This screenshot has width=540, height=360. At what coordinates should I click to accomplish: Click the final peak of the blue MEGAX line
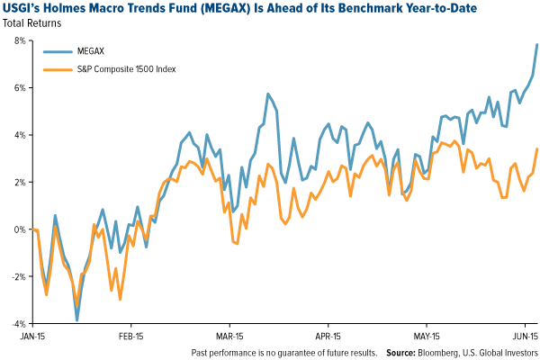click(538, 44)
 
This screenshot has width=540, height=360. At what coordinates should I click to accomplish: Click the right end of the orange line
click(538, 149)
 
